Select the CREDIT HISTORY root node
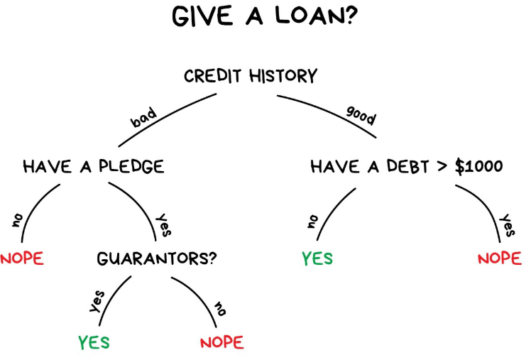[251, 76]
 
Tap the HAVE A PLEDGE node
[94, 167]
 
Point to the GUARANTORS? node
[156, 258]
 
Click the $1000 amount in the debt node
[478, 168]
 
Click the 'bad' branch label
[143, 117]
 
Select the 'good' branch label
[361, 114]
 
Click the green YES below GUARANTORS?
[94, 342]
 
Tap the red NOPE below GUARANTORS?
[221, 342]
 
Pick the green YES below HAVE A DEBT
[317, 258]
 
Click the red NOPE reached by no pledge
[21, 258]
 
